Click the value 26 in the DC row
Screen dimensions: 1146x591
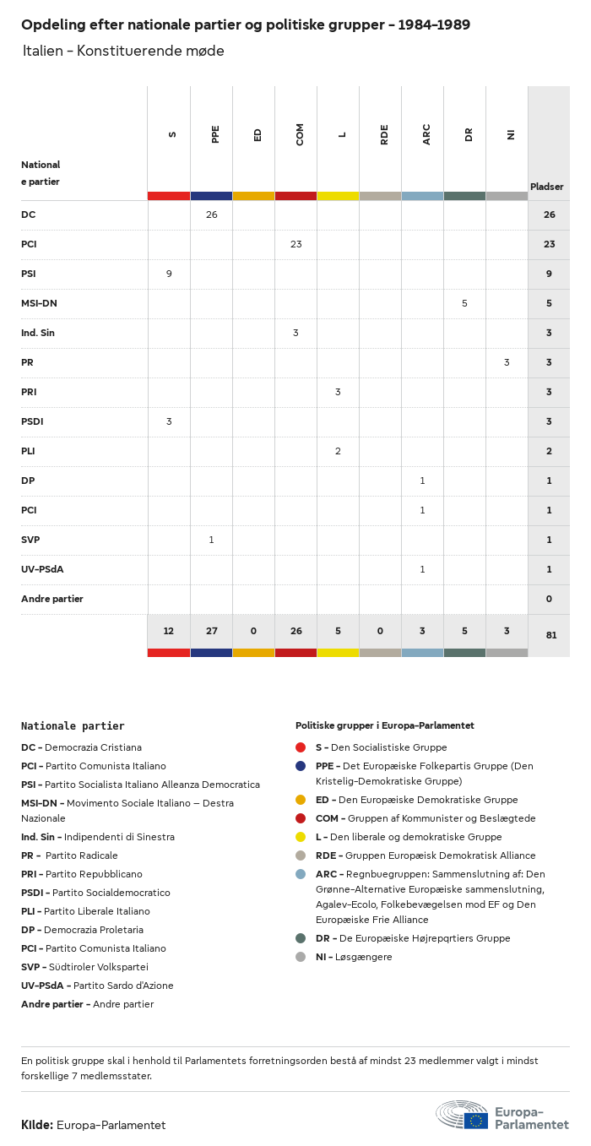pyautogui.click(x=211, y=215)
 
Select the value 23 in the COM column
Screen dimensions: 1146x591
pyautogui.click(x=295, y=244)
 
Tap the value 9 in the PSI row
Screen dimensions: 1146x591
pyautogui.click(x=169, y=274)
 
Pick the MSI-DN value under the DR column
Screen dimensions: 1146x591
pyautogui.click(x=464, y=303)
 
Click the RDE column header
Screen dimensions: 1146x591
pyautogui.click(x=384, y=134)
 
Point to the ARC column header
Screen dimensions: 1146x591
pyautogui.click(x=426, y=134)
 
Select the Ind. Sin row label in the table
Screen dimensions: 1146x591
pyautogui.click(x=38, y=333)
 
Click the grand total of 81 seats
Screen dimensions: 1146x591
pyautogui.click(x=550, y=635)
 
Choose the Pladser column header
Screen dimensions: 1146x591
pyautogui.click(x=546, y=187)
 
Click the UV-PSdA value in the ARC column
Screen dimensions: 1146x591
pyautogui.click(x=422, y=569)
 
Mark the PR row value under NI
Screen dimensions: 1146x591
pyautogui.click(x=507, y=362)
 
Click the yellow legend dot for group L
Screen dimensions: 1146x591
pyautogui.click(x=301, y=837)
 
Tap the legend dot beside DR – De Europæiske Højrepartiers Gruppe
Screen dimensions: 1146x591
pyautogui.click(x=301, y=938)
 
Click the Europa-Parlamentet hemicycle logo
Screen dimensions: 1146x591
pyautogui.click(x=461, y=1115)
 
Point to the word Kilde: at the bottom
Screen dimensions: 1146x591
pyautogui.click(x=37, y=1125)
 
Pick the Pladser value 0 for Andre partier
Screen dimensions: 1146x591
pyautogui.click(x=549, y=599)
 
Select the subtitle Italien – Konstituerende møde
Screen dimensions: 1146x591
pyautogui.click(x=123, y=51)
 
